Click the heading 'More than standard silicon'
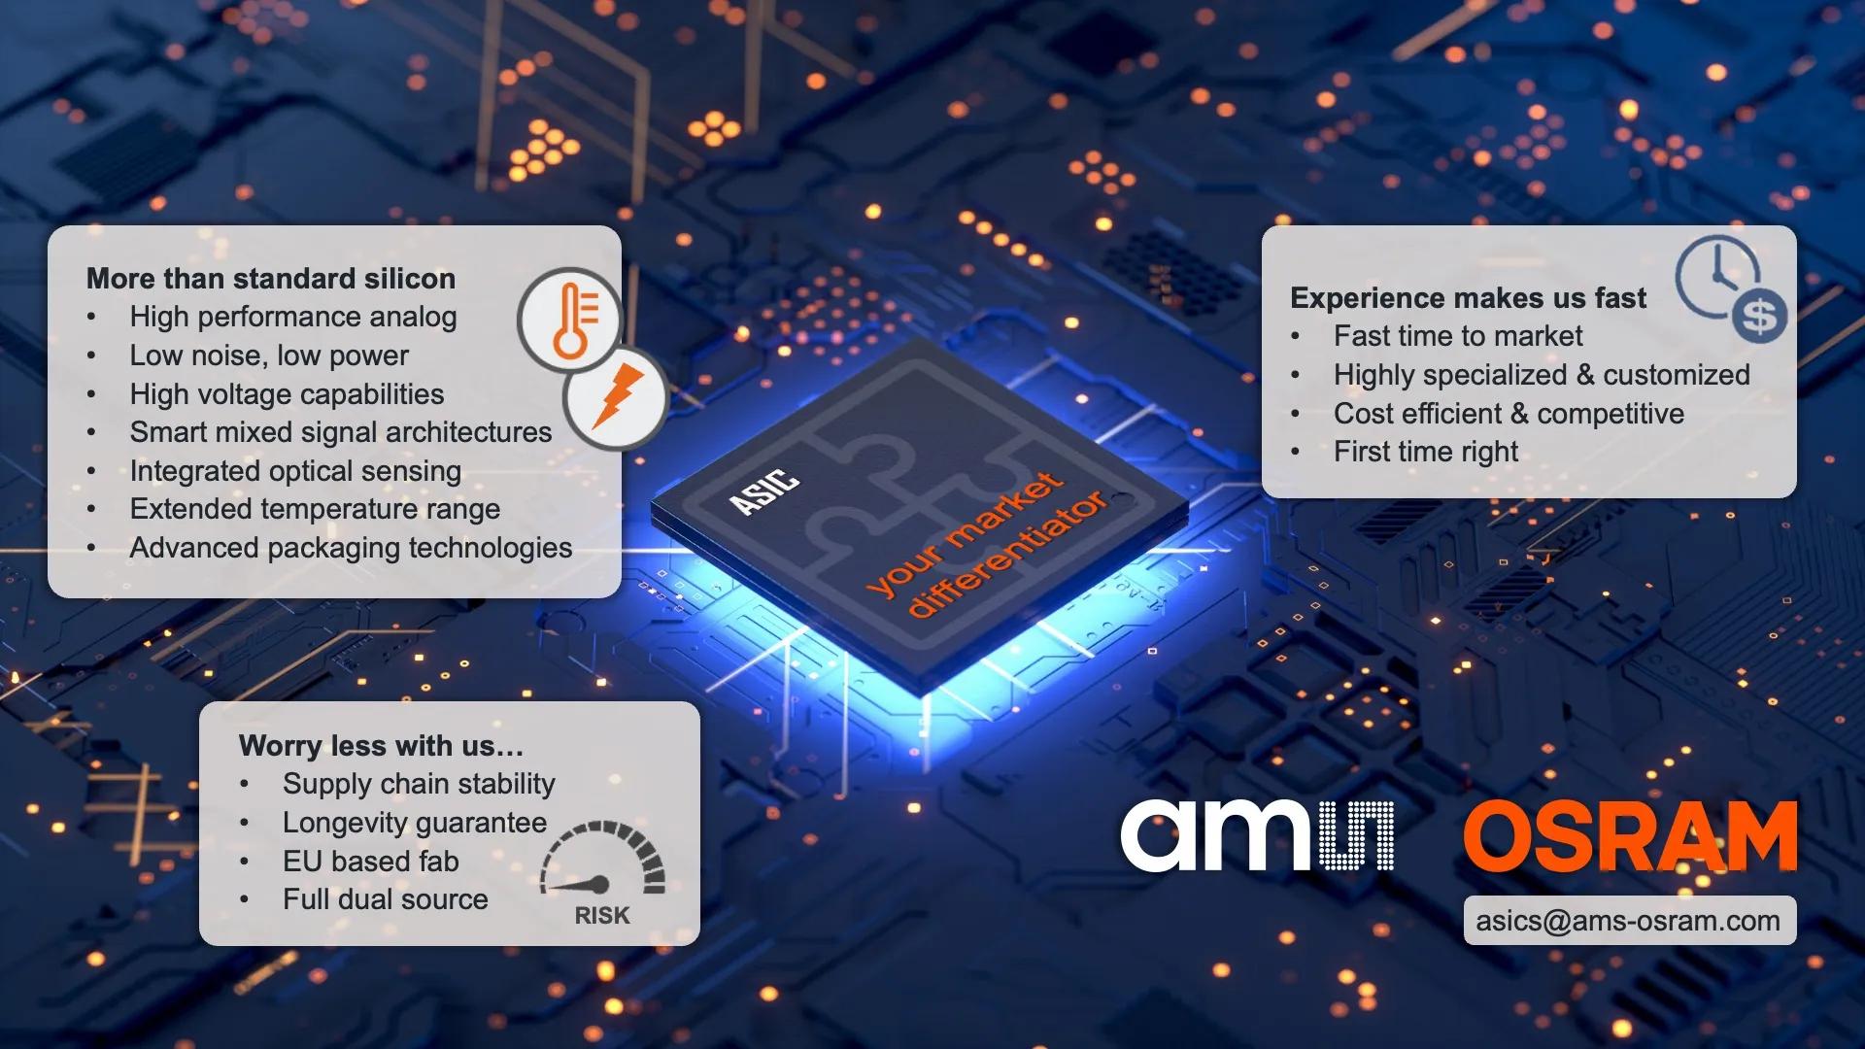(270, 279)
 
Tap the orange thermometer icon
(572, 320)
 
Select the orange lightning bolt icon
(616, 397)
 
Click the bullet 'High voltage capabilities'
(287, 394)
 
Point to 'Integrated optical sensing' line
(295, 471)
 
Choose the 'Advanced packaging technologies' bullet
(351, 548)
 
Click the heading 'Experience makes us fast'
(1468, 298)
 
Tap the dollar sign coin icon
(1759, 316)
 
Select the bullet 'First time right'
(1425, 452)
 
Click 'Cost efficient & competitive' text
(1509, 414)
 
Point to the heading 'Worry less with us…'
(381, 746)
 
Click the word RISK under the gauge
(602, 916)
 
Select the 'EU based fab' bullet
(370, 862)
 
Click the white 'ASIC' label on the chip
(764, 491)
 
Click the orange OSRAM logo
(1630, 837)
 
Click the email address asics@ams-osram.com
(1628, 921)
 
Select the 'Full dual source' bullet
(385, 899)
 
